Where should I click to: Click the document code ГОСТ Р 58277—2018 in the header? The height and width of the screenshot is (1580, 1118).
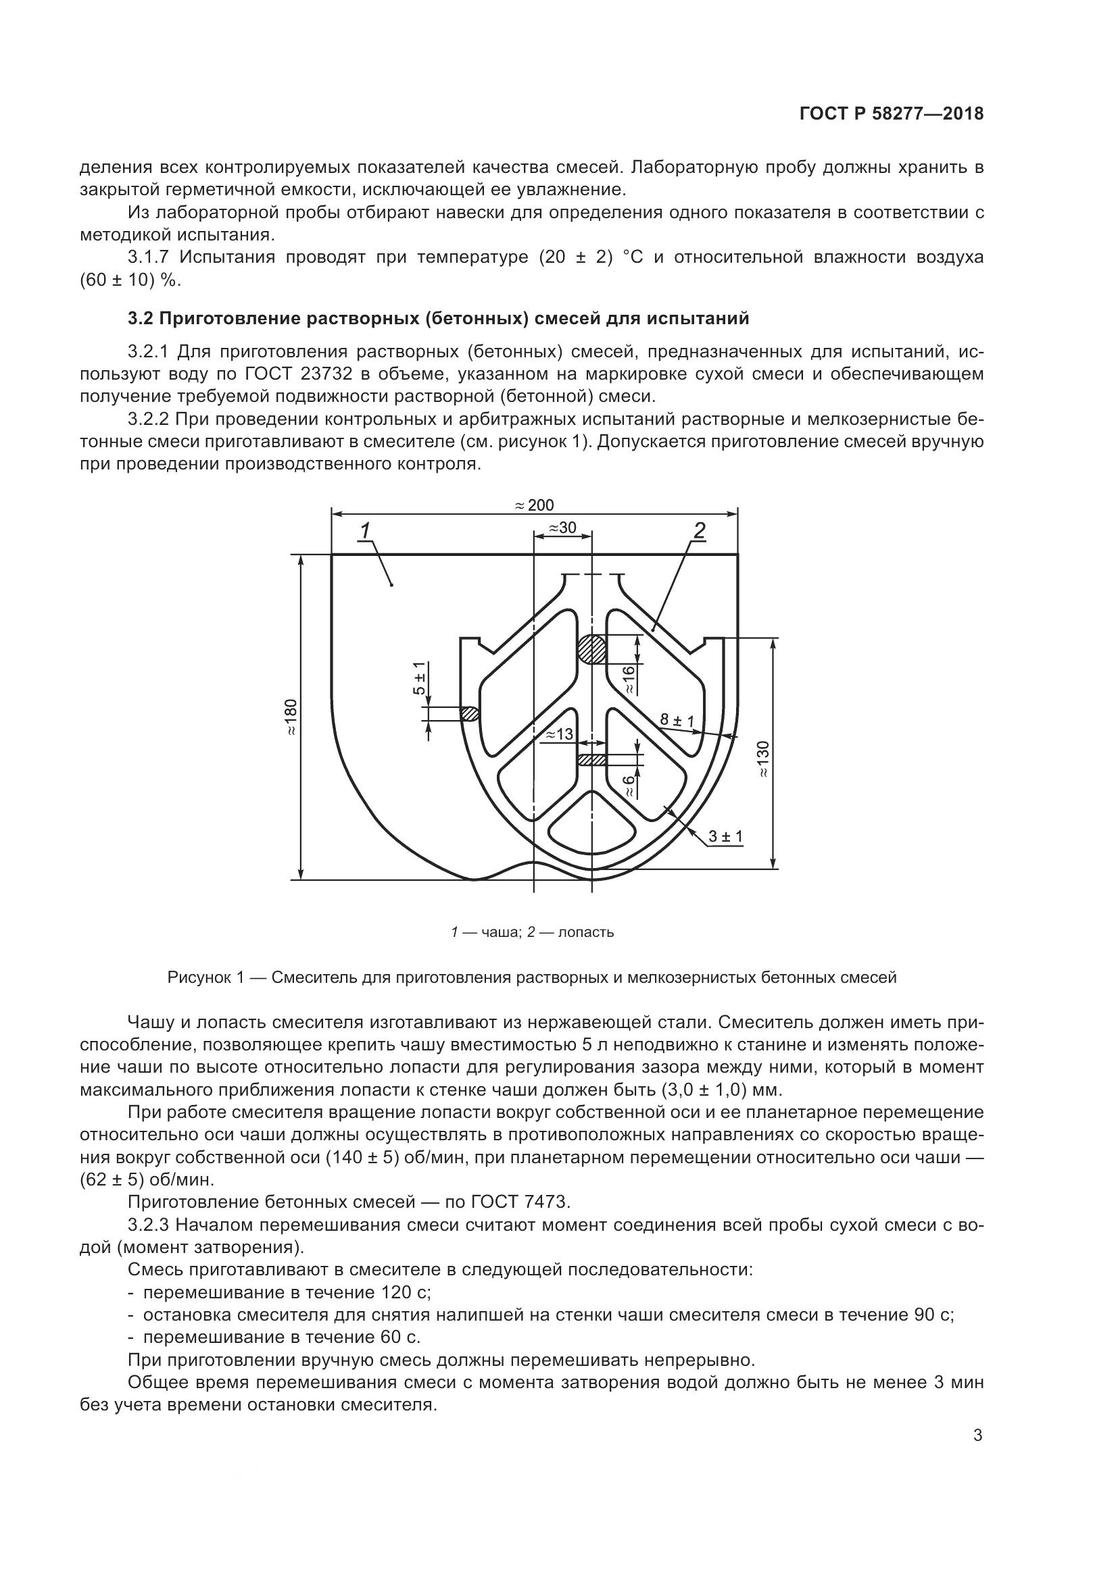click(x=892, y=113)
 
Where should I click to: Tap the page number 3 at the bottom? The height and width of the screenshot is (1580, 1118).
click(x=977, y=1435)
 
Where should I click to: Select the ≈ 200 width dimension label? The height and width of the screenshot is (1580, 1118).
click(x=534, y=505)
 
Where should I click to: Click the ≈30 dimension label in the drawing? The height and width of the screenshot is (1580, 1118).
click(x=562, y=528)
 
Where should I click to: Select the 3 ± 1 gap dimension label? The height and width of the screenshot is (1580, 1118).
click(x=725, y=837)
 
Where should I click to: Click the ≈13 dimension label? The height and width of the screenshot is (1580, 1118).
click(x=559, y=734)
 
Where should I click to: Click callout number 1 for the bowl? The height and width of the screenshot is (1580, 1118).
click(x=365, y=530)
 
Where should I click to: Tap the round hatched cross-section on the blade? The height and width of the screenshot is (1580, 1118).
click(x=591, y=649)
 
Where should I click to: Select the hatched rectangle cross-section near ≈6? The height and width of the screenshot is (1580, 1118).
click(x=591, y=760)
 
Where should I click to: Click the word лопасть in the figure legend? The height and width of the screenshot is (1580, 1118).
click(x=586, y=932)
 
